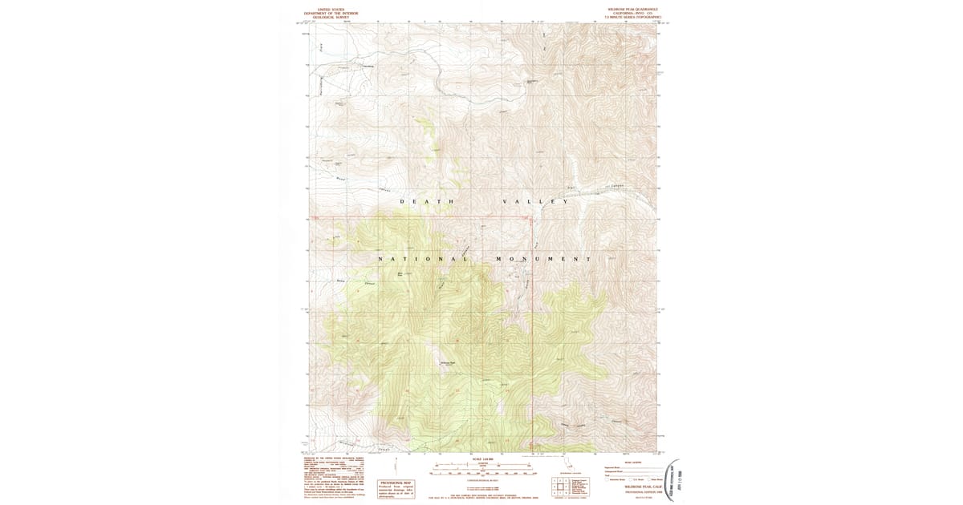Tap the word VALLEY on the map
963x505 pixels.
click(535, 201)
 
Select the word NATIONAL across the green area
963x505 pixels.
click(423, 259)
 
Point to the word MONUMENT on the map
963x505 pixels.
click(542, 259)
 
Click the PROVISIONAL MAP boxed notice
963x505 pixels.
click(395, 487)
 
